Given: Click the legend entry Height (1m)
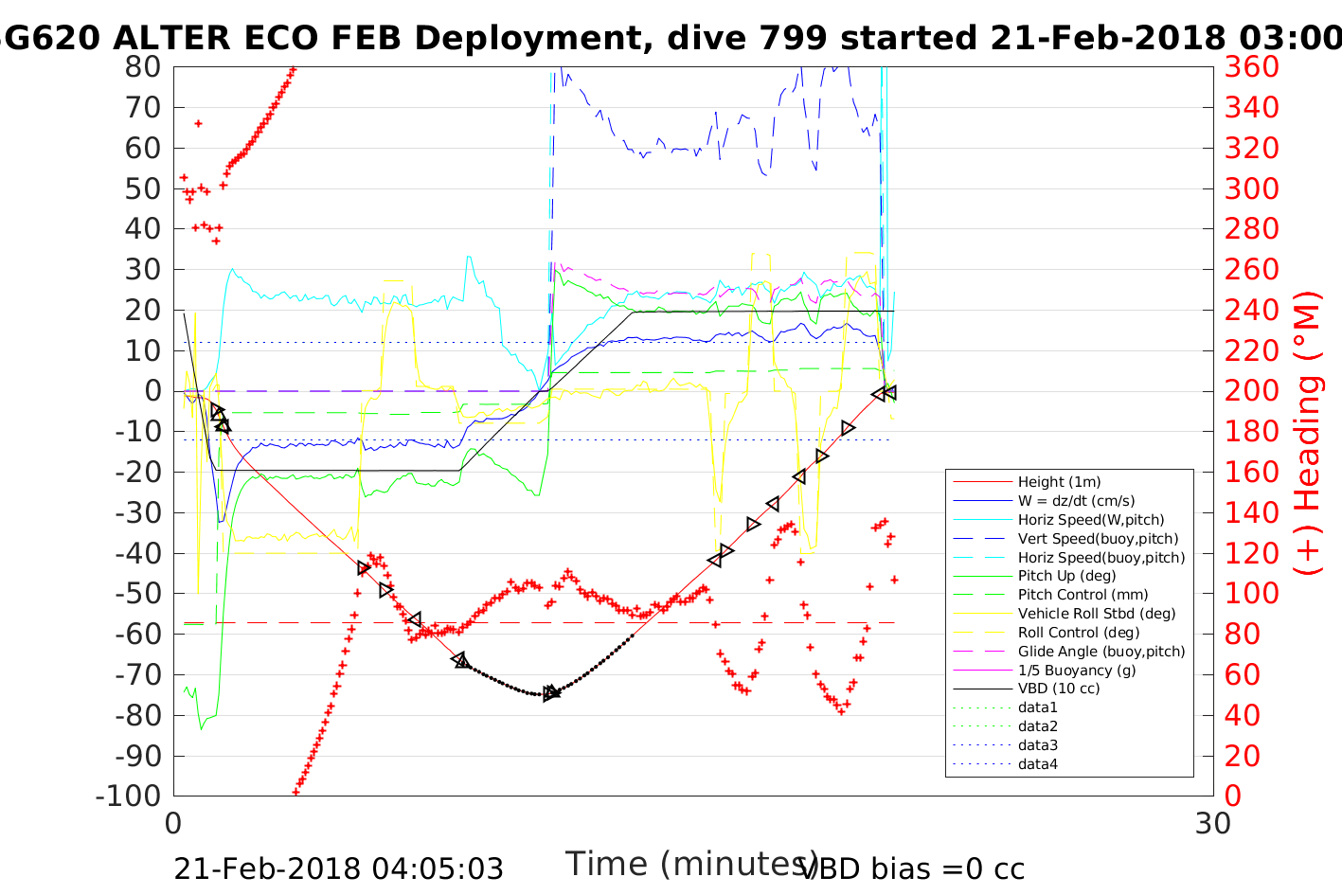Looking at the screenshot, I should click(x=1059, y=482).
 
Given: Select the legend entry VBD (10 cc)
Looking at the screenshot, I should click(x=1059, y=689).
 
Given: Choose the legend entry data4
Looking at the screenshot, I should click(x=1037, y=763).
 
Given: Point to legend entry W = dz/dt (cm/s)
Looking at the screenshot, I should click(x=1076, y=501).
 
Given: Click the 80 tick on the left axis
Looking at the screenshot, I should click(x=143, y=67).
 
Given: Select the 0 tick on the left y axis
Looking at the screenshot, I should click(x=152, y=391).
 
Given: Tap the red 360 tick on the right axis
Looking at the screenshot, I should click(x=1251, y=67).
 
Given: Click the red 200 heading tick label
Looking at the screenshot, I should click(x=1251, y=391).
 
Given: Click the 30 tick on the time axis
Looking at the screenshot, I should click(x=1213, y=824).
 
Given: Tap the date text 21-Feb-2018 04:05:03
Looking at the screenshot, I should click(x=338, y=869).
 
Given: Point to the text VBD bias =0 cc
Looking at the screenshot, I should click(x=912, y=869).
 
